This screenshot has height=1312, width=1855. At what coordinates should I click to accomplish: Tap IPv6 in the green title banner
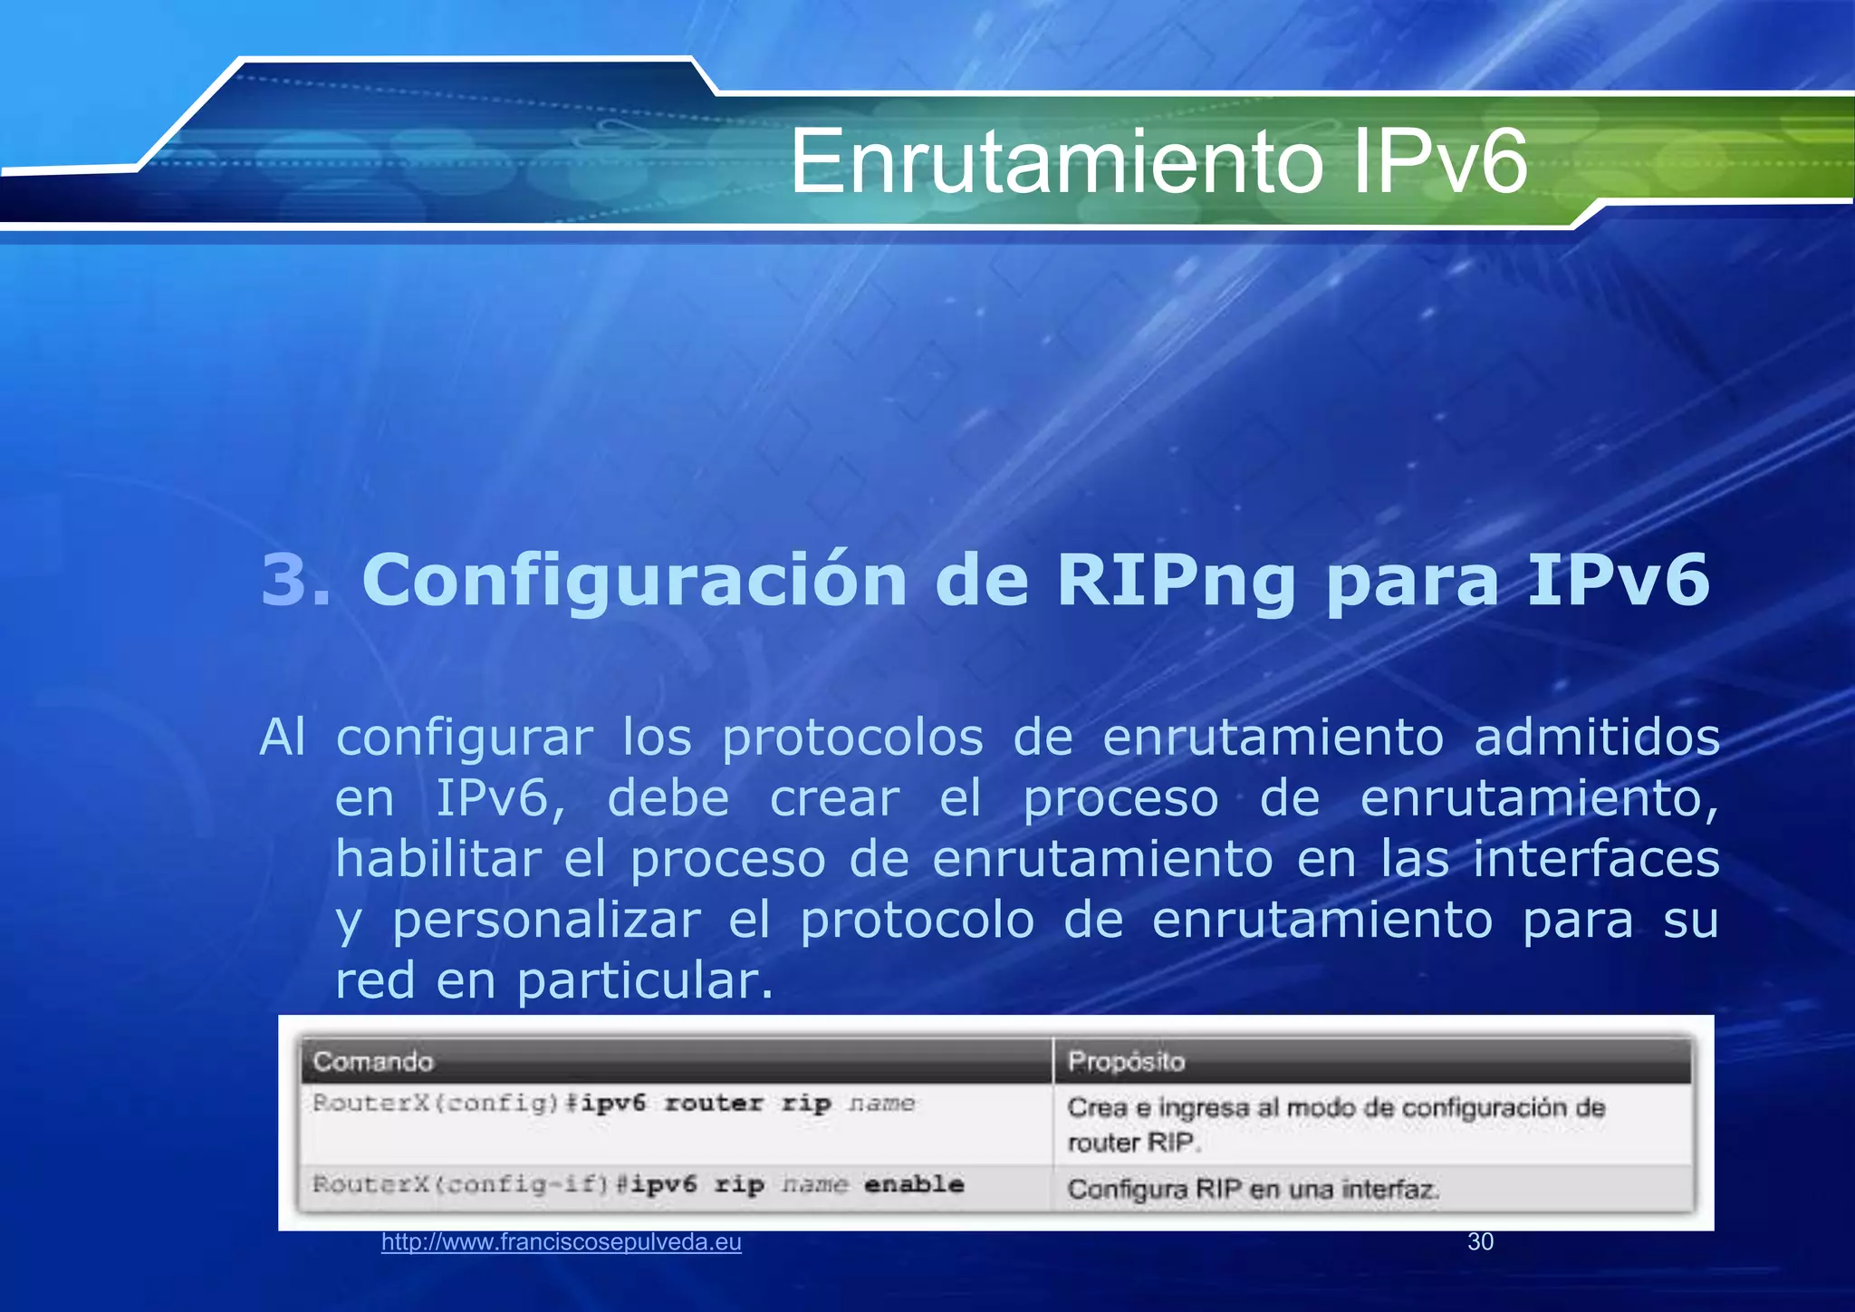(x=1440, y=162)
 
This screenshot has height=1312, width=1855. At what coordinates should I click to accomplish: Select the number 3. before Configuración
(x=295, y=580)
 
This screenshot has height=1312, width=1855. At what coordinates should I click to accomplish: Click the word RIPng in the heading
(x=1176, y=580)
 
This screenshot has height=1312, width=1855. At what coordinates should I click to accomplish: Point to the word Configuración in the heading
(x=634, y=580)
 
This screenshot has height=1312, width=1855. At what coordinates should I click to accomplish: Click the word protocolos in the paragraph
(x=852, y=738)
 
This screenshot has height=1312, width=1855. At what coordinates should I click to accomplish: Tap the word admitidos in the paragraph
(x=1596, y=738)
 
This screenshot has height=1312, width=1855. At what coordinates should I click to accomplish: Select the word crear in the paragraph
(x=834, y=798)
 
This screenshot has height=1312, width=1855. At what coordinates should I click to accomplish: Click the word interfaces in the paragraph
(x=1596, y=859)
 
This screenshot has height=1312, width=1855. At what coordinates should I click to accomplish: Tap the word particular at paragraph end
(x=645, y=981)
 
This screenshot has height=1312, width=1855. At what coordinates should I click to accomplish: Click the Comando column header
(x=373, y=1061)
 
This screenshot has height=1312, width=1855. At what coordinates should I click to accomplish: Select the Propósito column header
(x=1126, y=1061)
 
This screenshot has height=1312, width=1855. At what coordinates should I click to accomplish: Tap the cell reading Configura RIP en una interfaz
(x=1254, y=1189)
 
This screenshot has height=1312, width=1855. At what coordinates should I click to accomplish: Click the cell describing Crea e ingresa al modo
(x=1336, y=1124)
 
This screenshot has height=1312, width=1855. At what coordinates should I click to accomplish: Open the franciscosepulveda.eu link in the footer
(x=561, y=1242)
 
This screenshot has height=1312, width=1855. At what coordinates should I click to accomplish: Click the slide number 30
(x=1480, y=1242)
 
